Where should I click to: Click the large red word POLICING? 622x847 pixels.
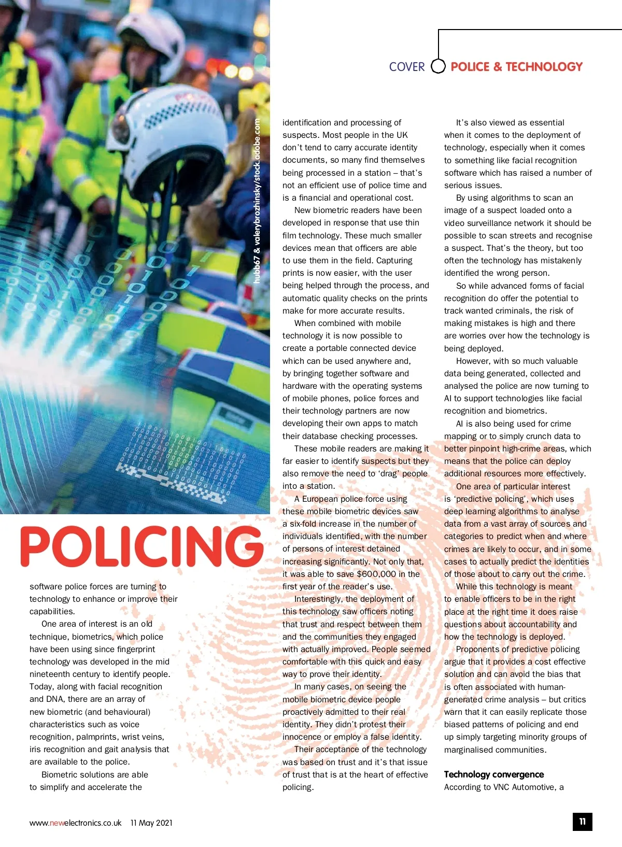(x=142, y=546)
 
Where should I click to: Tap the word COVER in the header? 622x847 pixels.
(x=407, y=67)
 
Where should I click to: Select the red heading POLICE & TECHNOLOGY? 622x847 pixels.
(x=516, y=67)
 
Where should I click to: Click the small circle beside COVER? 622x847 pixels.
(x=439, y=66)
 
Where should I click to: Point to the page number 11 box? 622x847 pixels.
(x=583, y=822)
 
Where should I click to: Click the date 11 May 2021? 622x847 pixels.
(x=151, y=823)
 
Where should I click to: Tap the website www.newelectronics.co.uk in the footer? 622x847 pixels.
(x=75, y=823)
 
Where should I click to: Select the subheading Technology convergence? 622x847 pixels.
(x=494, y=774)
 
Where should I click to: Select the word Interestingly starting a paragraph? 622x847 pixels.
(x=318, y=599)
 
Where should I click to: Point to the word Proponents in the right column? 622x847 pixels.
(x=477, y=650)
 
